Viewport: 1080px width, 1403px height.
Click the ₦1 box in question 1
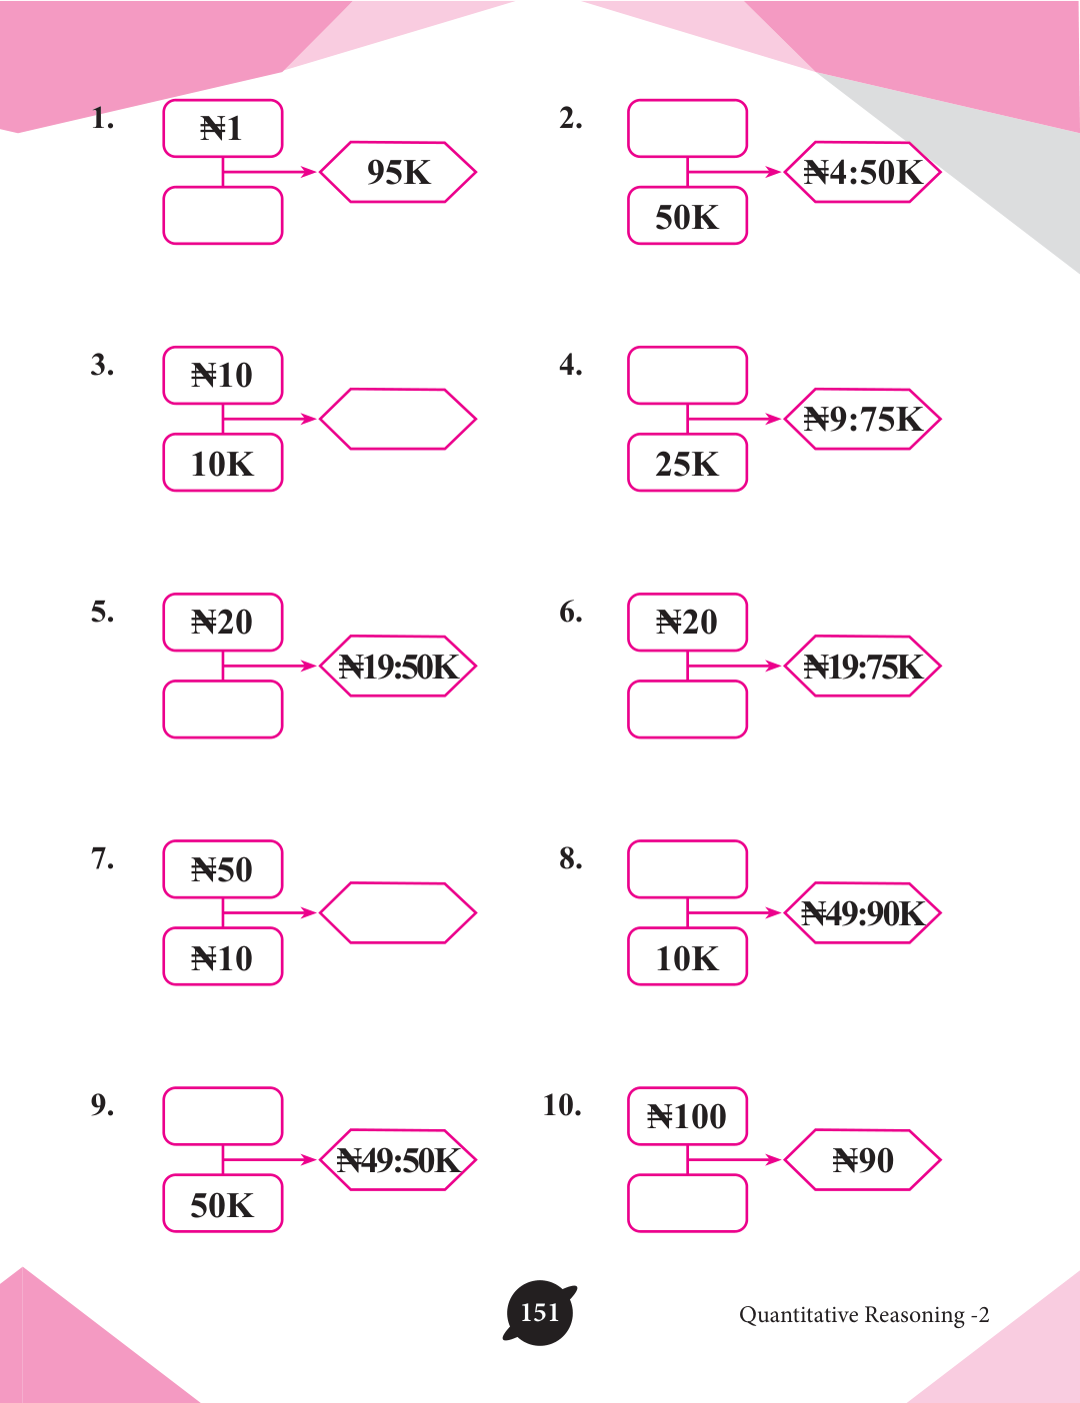click(x=222, y=128)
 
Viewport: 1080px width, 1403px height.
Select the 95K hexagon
click(x=398, y=172)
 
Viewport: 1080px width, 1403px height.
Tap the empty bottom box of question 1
click(x=222, y=216)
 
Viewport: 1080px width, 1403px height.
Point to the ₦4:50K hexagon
click(x=862, y=172)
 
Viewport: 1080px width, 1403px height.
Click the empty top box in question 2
click(x=687, y=128)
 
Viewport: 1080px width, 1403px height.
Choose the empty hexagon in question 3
click(x=398, y=419)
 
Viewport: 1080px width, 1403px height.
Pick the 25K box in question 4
click(x=687, y=463)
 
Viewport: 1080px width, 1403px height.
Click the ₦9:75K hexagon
click(x=862, y=419)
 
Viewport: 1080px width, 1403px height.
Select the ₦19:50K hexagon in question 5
click(x=398, y=666)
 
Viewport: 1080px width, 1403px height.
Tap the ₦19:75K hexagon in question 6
click(x=862, y=666)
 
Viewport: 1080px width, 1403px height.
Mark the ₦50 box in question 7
click(x=222, y=869)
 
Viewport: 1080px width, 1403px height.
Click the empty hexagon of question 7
click(x=398, y=912)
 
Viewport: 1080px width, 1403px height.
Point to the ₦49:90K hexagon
click(x=862, y=912)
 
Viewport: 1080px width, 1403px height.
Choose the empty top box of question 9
click(x=222, y=1115)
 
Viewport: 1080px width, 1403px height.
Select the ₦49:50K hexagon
click(x=398, y=1159)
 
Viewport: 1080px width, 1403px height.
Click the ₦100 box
click(x=687, y=1115)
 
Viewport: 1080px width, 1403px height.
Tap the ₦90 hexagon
click(x=862, y=1159)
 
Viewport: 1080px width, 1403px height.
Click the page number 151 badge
click(x=540, y=1313)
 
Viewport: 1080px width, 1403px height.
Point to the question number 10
click(x=562, y=1105)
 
